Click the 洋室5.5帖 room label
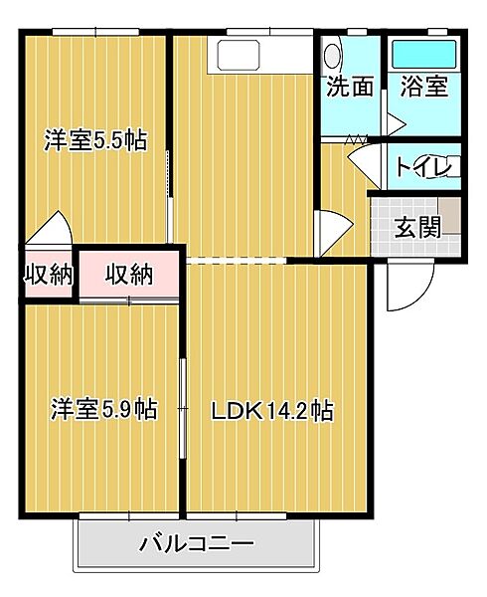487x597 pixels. [x=95, y=140]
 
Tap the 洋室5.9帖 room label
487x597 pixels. [x=104, y=409]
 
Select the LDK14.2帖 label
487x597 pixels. [x=270, y=409]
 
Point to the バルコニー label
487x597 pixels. [x=197, y=544]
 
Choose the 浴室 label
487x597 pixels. [x=424, y=86]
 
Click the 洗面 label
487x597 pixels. [x=350, y=86]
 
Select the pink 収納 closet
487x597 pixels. [x=129, y=274]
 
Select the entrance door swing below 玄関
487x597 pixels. [x=407, y=289]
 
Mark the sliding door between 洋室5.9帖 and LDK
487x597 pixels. [x=183, y=408]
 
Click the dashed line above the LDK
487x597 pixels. [x=237, y=261]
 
